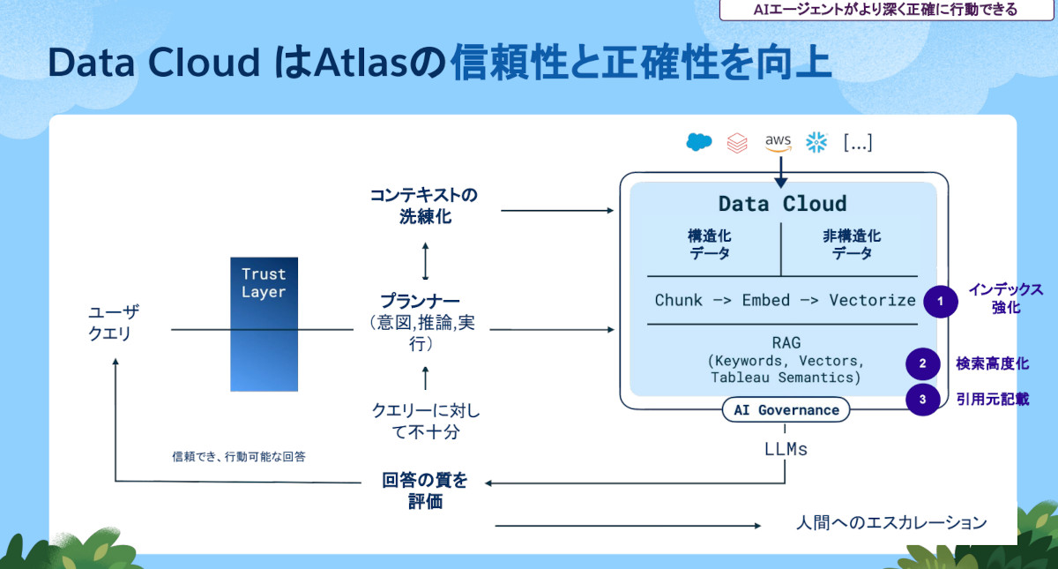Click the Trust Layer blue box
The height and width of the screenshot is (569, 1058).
point(257,324)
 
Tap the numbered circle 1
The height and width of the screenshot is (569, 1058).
point(940,301)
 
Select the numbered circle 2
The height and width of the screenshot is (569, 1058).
point(923,363)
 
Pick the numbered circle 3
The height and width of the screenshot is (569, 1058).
point(923,399)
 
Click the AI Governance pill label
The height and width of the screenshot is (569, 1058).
point(786,410)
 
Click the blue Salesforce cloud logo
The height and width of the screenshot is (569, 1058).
point(699,142)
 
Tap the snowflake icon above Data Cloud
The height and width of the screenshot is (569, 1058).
point(816,143)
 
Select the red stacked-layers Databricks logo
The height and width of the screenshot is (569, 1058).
point(737,143)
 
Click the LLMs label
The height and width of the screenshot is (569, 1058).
point(785,449)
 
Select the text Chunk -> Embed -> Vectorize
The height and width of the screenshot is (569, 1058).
point(785,300)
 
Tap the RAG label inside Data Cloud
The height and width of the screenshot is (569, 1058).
point(785,342)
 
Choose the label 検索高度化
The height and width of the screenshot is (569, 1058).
point(992,363)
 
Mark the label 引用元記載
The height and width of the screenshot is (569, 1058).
point(992,399)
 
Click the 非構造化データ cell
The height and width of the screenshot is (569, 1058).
point(852,244)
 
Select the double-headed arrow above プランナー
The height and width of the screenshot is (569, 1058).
point(425,260)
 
